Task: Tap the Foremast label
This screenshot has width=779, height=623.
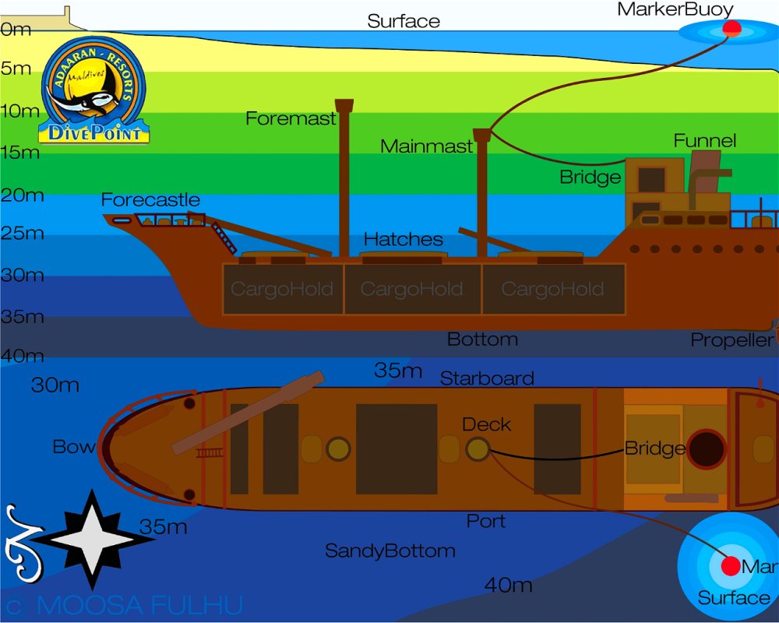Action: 291,118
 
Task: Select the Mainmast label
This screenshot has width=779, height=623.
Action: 426,146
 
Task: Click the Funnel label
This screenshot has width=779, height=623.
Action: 704,141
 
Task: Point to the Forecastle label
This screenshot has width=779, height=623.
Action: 150,200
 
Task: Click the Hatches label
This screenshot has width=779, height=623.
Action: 404,239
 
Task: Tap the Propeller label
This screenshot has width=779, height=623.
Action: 731,340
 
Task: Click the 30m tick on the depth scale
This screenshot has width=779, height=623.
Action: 21,275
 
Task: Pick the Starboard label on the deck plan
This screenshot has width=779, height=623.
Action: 487,378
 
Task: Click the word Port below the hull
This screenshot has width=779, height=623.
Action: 486,520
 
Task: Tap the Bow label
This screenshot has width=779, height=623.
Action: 73,447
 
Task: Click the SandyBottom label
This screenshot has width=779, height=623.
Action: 389,551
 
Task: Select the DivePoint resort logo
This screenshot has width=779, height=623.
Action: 94,92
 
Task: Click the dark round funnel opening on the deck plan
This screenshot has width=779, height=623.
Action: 707,449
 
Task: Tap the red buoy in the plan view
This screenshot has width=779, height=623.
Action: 731,566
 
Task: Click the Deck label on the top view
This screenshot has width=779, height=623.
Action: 486,424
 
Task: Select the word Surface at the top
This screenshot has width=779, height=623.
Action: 404,21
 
